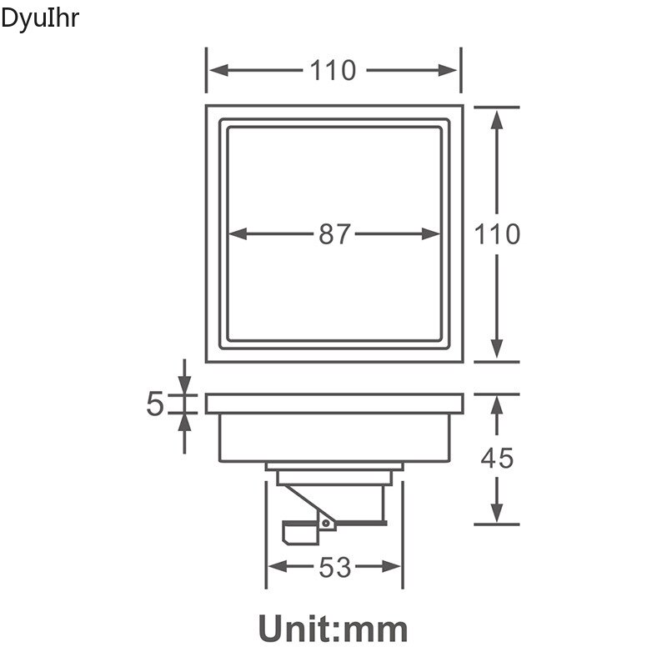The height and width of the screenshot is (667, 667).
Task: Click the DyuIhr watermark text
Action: (x=40, y=18)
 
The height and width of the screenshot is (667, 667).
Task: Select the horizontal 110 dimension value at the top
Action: (x=333, y=71)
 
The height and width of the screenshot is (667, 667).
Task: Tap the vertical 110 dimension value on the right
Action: (x=498, y=234)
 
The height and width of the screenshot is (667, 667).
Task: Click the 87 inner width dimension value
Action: (x=334, y=235)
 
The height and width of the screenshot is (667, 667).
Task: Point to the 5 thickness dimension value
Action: (x=155, y=404)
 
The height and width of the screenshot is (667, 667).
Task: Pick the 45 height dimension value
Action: (x=497, y=458)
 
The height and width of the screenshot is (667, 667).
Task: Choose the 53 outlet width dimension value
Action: (x=334, y=568)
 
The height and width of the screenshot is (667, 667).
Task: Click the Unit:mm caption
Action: (x=333, y=628)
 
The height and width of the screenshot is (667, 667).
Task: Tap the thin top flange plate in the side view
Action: (x=333, y=404)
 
